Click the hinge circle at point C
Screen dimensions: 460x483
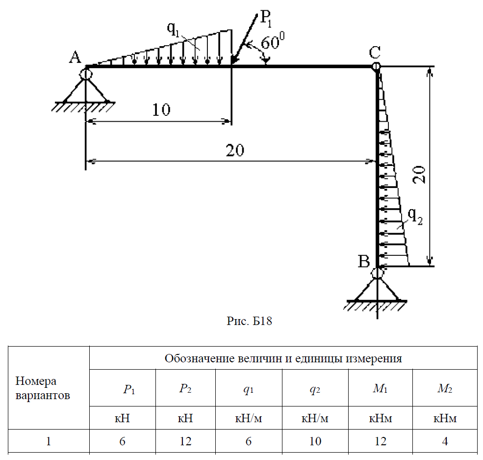376,66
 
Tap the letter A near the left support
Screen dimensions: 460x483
75,58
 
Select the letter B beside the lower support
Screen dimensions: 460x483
363,261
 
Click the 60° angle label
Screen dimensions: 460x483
273,43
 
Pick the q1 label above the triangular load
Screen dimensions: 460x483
173,29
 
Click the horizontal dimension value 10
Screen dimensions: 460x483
161,109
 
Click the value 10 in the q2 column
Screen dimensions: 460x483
315,441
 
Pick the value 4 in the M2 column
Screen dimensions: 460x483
444,441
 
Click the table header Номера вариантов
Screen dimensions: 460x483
43,388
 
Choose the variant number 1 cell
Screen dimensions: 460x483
49,441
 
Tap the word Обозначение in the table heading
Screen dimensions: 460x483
194,358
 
